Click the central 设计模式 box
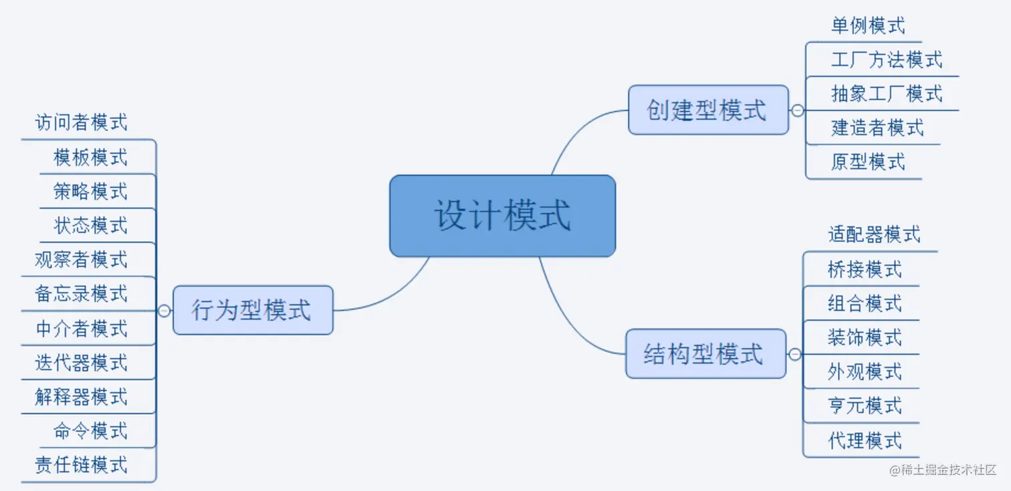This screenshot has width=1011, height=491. tap(502, 216)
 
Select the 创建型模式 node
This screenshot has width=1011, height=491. tap(708, 110)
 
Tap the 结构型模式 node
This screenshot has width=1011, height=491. tap(705, 353)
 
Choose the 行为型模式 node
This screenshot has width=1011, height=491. tap(252, 310)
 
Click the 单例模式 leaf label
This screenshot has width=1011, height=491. tap(867, 26)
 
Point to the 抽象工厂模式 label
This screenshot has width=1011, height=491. tap(886, 94)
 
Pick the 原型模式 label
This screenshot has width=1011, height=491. tap(867, 162)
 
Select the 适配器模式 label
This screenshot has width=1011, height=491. tap(873, 234)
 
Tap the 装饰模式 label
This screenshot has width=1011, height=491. tap(864, 337)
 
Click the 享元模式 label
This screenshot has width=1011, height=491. tap(864, 405)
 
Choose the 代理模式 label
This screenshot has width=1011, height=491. tap(864, 440)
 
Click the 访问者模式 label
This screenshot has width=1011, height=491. tap(81, 122)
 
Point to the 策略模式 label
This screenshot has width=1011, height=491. tap(90, 192)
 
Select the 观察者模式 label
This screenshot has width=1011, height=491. tap(81, 259)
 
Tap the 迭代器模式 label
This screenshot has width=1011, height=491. tap(81, 363)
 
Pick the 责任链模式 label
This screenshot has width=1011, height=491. tap(81, 464)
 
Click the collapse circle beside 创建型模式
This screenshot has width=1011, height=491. tap(797, 110)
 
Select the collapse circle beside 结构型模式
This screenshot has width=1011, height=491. tap(794, 354)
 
